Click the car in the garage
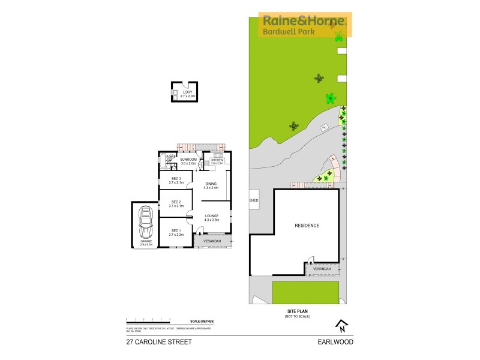[145, 224]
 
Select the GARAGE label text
[145, 242]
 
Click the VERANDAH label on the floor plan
[212, 241]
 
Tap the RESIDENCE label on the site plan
[307, 226]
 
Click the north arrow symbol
[340, 325]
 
